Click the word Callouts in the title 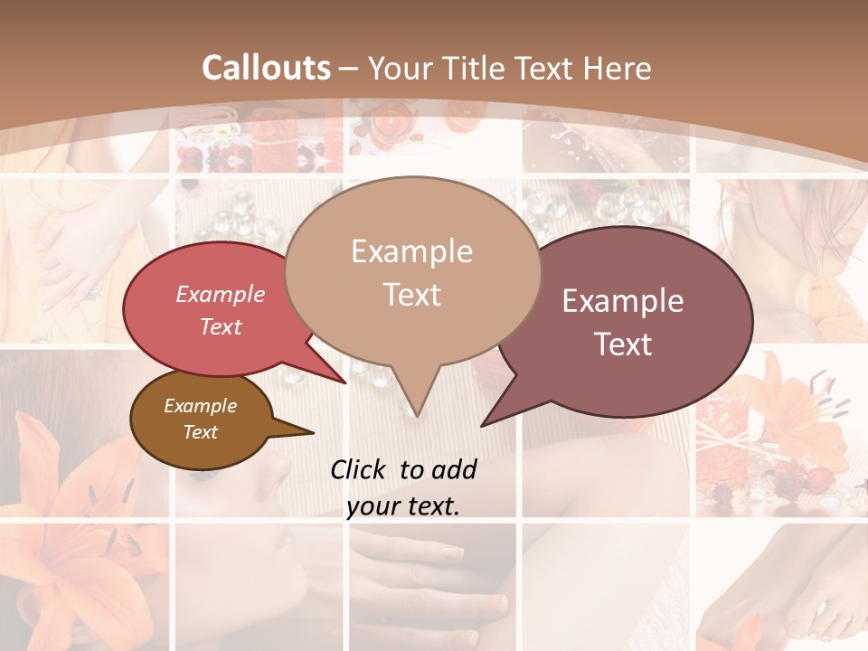coord(266,68)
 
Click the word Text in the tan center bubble coord(411,294)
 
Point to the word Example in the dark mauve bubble coord(623,301)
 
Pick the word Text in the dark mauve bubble coord(623,344)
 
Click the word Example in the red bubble coord(221,294)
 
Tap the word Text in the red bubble coord(221,326)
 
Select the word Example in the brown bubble coord(200,406)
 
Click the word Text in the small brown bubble coord(200,432)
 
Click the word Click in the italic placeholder coord(360,470)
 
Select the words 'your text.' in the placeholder coord(403,507)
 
